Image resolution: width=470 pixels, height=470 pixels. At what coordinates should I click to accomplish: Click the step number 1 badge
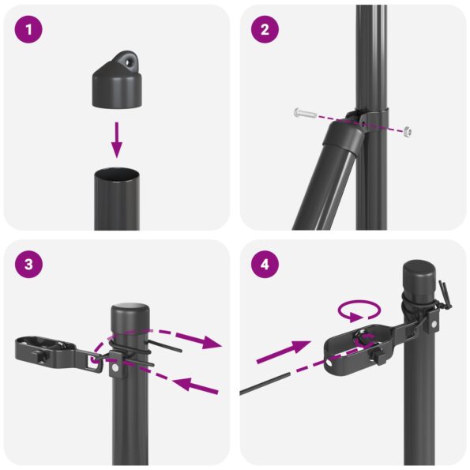coord(29,30)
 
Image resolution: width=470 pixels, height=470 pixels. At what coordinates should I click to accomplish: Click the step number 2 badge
coord(265,30)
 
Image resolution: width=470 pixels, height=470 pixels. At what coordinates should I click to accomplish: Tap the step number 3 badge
coord(29,265)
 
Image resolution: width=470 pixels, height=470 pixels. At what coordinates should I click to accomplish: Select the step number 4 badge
coord(265,265)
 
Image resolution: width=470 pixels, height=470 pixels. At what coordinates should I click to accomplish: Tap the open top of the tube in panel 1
coord(117,172)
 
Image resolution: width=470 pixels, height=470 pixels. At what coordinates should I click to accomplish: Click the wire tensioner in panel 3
coord(47,352)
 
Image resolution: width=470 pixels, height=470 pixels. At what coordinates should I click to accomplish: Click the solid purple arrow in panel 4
coord(285,351)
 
